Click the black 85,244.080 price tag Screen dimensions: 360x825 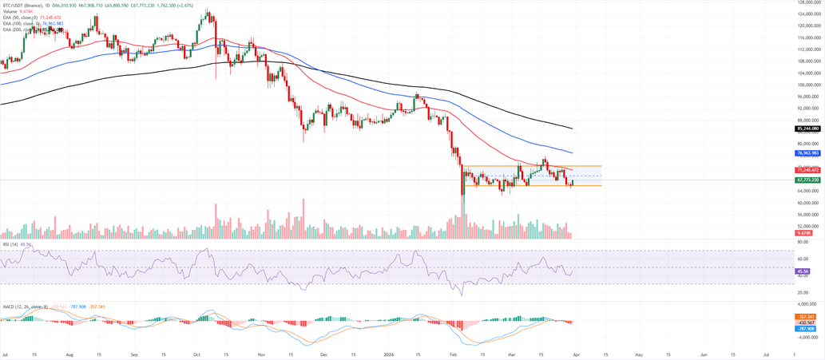(x=809, y=129)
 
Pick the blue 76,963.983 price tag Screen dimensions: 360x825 (x=809, y=152)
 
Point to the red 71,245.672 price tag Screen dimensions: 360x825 (x=809, y=170)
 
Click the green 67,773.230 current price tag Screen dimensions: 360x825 (x=809, y=180)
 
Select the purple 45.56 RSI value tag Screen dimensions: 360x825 (x=803, y=271)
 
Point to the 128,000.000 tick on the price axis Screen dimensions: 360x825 (x=810, y=2)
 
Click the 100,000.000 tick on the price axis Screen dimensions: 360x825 (x=810, y=85)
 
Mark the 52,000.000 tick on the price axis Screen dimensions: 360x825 (x=809, y=226)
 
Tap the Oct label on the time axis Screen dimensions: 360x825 (x=196, y=352)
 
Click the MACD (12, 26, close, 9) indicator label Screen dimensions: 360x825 (x=25, y=306)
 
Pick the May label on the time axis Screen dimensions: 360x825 (x=638, y=352)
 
